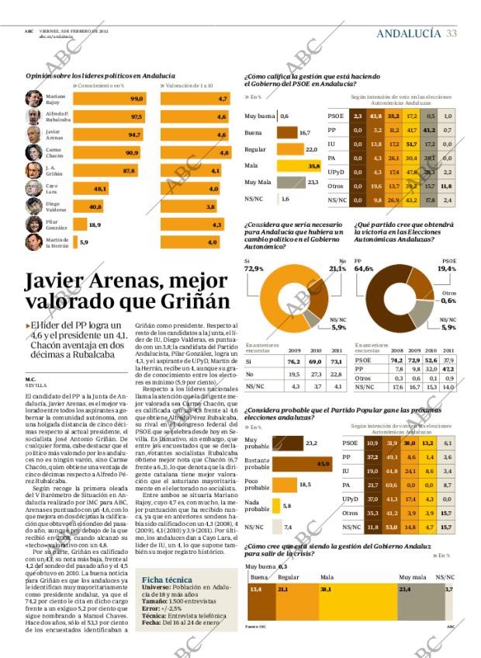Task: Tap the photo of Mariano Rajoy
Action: click(34, 99)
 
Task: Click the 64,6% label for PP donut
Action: click(364, 269)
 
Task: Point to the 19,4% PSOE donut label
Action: click(446, 269)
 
